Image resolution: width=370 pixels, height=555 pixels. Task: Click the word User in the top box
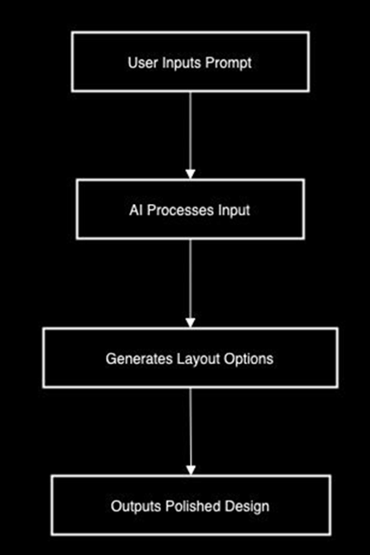(142, 63)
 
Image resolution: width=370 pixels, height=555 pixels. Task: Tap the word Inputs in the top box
(182, 63)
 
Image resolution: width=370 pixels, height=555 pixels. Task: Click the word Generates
(134, 359)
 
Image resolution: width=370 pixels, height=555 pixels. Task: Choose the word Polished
(190, 506)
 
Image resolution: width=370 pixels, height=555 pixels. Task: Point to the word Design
(243, 506)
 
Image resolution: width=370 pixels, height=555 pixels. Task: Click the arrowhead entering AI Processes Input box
(191, 174)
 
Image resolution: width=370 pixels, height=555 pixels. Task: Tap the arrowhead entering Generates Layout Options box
(191, 321)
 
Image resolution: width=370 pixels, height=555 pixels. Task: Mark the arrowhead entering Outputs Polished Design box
(191, 469)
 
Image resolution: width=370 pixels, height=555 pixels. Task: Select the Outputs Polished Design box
(82, 506)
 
